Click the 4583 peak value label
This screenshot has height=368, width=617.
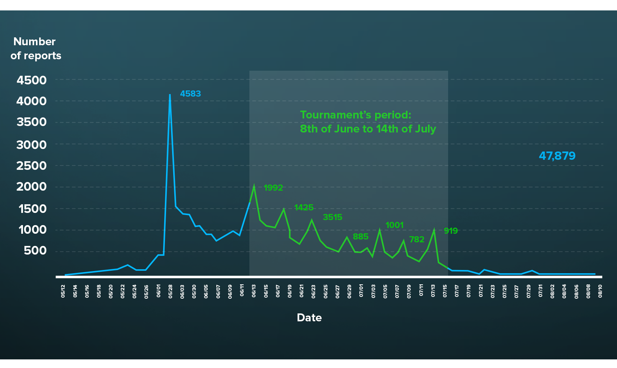tap(190, 94)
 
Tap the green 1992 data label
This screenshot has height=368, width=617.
tap(273, 188)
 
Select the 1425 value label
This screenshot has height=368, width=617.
tap(304, 208)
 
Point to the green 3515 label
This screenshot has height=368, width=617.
tap(332, 217)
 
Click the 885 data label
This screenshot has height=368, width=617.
tap(360, 237)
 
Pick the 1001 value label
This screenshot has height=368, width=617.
tap(394, 225)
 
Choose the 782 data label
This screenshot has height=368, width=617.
tap(416, 239)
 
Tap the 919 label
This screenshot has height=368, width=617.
tap(451, 231)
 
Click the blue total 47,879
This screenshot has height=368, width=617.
tap(557, 156)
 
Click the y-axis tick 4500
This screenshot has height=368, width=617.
tap(32, 80)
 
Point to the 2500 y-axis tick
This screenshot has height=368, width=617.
tap(32, 166)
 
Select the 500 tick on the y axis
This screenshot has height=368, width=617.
tap(35, 251)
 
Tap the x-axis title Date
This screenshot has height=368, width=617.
tap(309, 318)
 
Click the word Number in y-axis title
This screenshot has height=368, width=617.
tap(34, 42)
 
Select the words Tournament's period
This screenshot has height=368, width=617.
tap(355, 115)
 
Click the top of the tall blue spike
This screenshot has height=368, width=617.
tap(170, 95)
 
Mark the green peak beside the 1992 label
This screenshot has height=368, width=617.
tap(254, 186)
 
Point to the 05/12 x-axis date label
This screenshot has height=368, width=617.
tap(63, 291)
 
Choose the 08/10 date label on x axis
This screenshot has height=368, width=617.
tap(600, 291)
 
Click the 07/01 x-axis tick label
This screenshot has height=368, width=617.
tap(361, 291)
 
